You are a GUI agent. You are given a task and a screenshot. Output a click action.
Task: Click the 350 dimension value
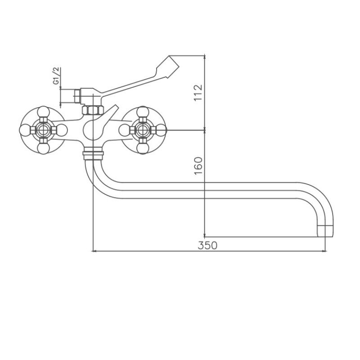[207, 245]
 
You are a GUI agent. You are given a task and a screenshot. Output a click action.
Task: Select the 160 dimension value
[198, 166]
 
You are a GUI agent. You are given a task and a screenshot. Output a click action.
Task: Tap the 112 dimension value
[198, 93]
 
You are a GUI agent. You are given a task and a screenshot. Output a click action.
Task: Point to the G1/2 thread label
[56, 76]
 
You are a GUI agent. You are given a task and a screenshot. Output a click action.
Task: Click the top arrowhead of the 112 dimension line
[205, 57]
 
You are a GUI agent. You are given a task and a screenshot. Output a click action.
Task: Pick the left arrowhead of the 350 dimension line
[94, 251]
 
